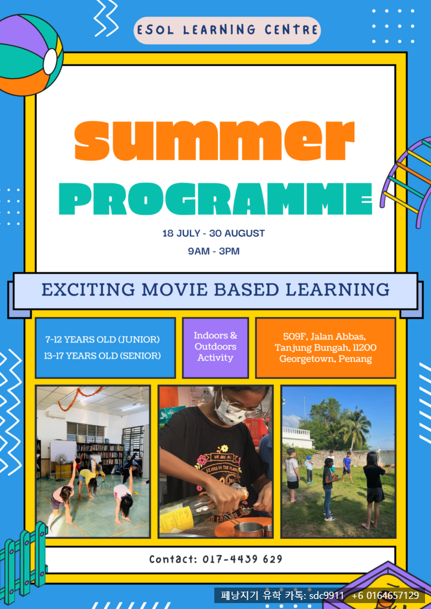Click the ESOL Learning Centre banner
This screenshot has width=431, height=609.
point(227,30)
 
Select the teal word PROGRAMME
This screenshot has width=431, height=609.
point(215,199)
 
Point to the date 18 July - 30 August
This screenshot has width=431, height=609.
point(213,233)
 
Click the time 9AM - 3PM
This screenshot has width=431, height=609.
point(213,252)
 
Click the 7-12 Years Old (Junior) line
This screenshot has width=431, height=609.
point(102,340)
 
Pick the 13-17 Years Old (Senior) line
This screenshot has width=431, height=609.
point(102,356)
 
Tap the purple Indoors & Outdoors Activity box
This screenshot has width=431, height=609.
point(215,347)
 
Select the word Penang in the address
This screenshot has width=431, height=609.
point(355,359)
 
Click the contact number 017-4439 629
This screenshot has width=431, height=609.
point(242,559)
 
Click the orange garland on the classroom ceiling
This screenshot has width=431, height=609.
point(80,398)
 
